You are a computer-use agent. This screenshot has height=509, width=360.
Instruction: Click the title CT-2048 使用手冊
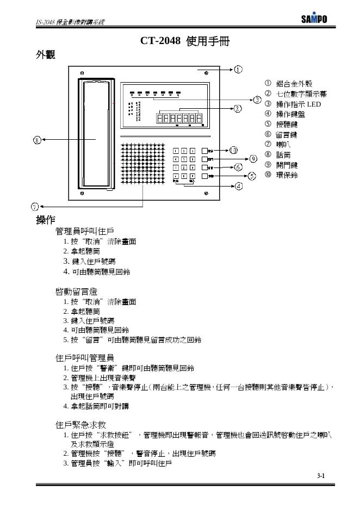(x=181, y=41)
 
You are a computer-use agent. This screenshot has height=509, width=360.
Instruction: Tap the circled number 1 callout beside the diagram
(x=238, y=70)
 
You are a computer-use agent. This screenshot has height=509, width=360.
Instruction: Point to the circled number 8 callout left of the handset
(x=37, y=140)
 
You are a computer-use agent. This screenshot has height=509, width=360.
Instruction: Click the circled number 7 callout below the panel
(x=34, y=207)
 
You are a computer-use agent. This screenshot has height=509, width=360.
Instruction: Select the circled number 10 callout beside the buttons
(x=233, y=150)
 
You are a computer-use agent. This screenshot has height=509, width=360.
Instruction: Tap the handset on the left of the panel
(x=97, y=136)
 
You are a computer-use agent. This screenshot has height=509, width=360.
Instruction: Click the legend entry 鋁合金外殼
(x=294, y=83)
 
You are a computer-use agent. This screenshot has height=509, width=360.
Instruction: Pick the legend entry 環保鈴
(x=287, y=175)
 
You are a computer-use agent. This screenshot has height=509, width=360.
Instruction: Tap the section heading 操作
(x=45, y=220)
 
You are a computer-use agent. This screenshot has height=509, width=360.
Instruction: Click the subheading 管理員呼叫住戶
(x=84, y=231)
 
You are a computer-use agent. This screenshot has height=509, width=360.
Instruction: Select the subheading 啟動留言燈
(x=76, y=291)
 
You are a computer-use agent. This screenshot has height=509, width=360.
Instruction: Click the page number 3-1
(x=321, y=476)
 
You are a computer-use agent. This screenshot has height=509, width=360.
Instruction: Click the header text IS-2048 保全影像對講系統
(x=70, y=22)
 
